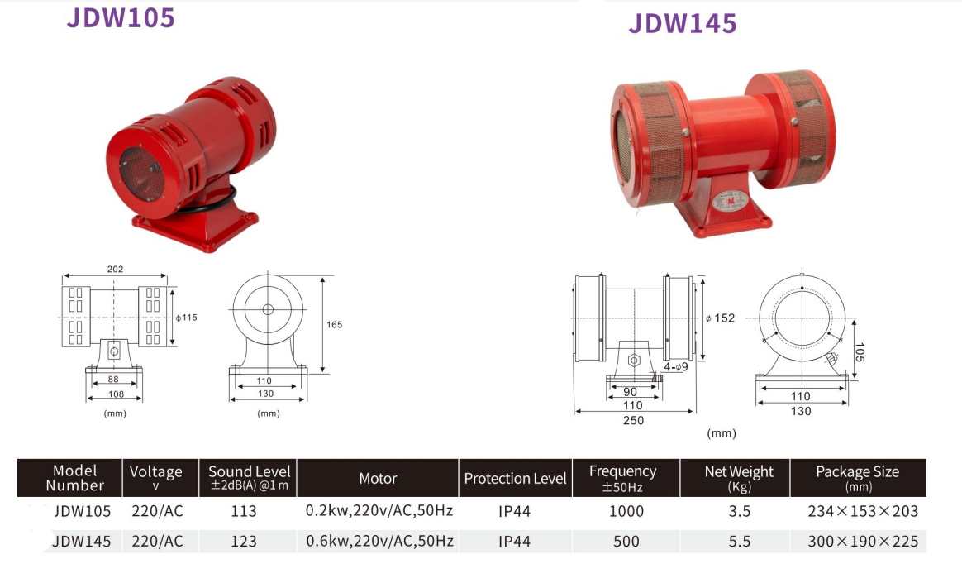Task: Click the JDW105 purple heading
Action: (121, 18)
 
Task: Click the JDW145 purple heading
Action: (682, 23)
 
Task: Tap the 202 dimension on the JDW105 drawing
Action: (116, 269)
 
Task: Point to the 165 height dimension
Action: (335, 325)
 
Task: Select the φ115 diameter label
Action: (187, 318)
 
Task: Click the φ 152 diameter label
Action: (720, 318)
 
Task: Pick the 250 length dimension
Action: (633, 420)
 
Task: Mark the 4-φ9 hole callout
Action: (675, 367)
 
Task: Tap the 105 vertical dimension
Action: (859, 351)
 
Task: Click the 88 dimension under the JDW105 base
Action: (113, 380)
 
